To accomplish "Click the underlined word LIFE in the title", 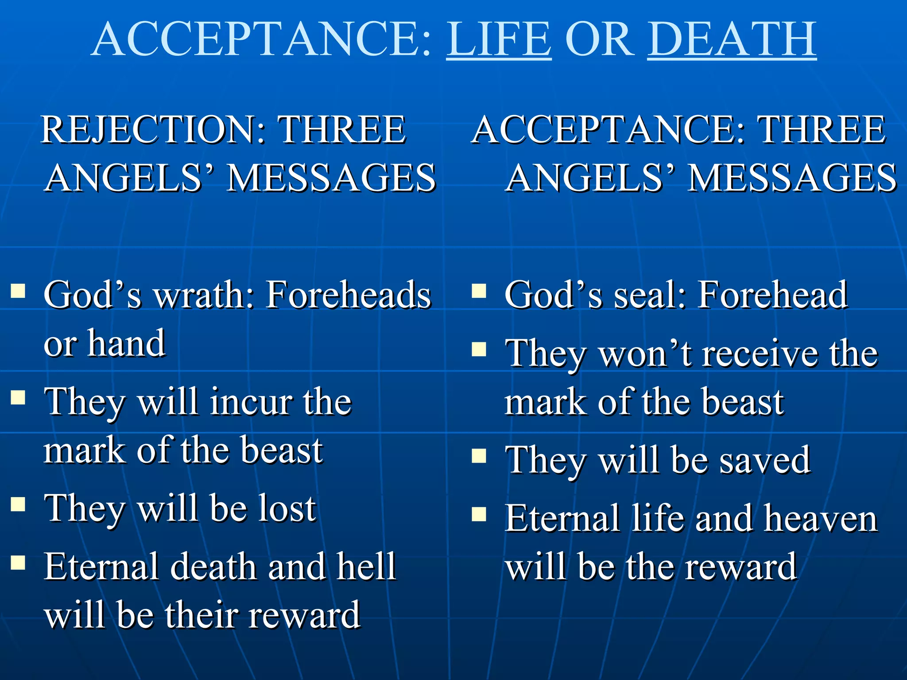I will click(x=499, y=40).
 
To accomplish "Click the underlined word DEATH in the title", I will click(x=732, y=40).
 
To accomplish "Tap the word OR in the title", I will click(x=599, y=40).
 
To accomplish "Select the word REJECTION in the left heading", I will click(x=153, y=130).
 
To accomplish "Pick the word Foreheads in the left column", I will click(x=349, y=295).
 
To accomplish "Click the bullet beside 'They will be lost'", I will click(x=18, y=504).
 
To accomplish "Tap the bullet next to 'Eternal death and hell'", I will click(x=18, y=562).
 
